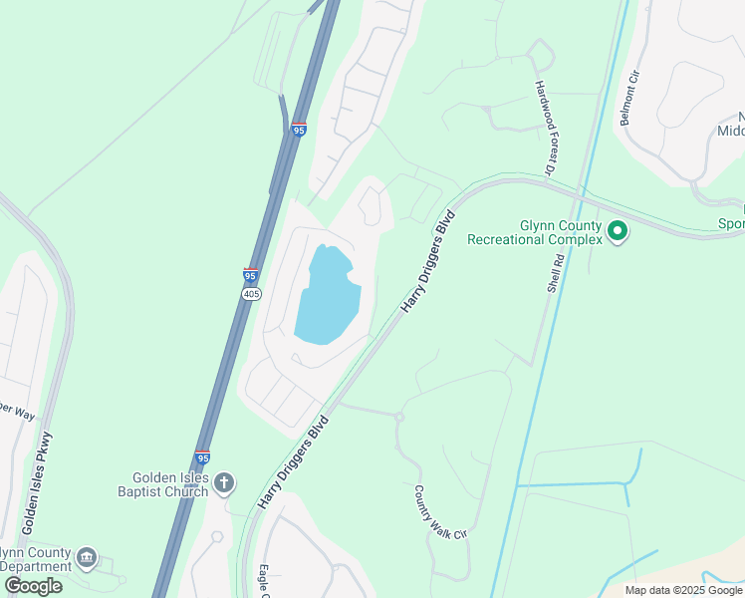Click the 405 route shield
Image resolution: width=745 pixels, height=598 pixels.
250,293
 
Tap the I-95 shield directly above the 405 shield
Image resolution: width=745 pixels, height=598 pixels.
250,275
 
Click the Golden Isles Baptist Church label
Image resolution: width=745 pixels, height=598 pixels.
162,484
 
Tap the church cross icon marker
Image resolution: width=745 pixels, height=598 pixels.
224,483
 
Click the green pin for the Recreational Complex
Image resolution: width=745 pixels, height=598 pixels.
618,232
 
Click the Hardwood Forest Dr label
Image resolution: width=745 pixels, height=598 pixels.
544,128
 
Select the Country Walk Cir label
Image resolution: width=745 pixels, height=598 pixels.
439,512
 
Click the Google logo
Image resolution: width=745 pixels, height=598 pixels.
33,586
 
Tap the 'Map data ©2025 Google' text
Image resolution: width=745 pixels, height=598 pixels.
683,590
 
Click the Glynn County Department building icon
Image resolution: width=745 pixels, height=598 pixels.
86,555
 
